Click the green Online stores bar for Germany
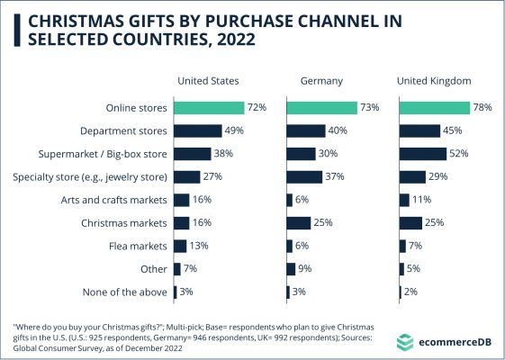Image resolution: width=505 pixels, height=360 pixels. pos(321,108)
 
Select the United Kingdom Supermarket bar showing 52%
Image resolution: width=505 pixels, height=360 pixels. pos(423,154)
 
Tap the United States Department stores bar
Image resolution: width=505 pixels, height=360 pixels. pos(198,131)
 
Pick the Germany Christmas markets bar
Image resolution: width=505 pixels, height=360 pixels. pos(299,223)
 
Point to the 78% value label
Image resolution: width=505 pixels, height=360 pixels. pos(482,107)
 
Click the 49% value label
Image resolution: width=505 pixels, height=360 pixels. pos(234,130)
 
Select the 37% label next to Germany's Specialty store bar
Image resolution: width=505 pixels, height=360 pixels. pos(335,176)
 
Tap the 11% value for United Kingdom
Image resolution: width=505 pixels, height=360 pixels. pos(421,200)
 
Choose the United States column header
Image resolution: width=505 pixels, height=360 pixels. pos(208,81)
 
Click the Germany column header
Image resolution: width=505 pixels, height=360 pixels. pos(321,81)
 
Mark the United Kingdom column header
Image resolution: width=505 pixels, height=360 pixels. pos(434,81)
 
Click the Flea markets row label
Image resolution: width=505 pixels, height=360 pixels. pos(138,247)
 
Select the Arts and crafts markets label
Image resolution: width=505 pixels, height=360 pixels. pos(114,200)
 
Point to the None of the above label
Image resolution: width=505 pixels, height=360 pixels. pos(125,292)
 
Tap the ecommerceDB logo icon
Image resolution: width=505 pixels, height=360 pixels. pos(405,342)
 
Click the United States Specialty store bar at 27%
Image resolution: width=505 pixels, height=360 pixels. pos(187,177)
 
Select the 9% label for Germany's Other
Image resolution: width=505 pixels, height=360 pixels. pos(304,268)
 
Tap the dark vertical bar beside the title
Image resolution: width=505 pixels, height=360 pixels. pos(17,31)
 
